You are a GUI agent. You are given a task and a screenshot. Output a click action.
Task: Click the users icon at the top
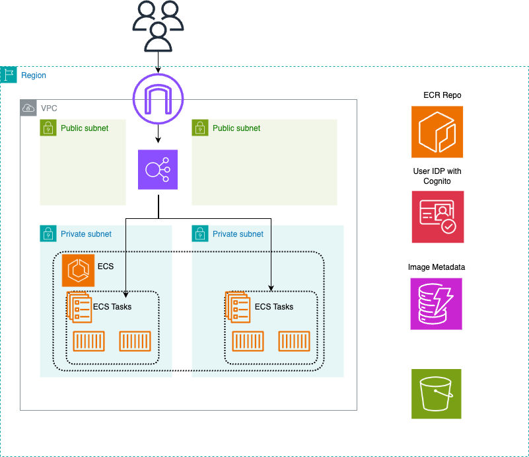158,26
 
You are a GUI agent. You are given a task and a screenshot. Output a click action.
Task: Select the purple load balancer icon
158,169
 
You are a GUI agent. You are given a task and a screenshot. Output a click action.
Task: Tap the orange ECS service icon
78,271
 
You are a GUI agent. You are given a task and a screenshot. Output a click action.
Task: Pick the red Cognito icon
437,217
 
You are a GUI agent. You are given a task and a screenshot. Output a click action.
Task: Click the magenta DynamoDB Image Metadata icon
437,304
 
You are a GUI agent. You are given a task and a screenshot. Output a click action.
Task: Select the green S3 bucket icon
437,394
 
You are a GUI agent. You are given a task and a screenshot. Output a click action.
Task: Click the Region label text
34,75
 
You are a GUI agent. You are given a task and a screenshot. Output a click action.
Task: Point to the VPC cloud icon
28,108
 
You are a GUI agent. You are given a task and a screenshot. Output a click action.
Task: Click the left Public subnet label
85,128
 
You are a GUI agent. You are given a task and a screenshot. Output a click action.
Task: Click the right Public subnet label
236,128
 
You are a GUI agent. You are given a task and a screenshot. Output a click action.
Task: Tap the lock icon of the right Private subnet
200,234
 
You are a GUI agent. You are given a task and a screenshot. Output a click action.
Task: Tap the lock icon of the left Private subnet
48,234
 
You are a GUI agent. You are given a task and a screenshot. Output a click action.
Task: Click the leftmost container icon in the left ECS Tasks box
89,342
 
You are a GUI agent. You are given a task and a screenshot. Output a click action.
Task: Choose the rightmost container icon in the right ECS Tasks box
295,342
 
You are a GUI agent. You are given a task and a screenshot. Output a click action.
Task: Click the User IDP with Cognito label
437,176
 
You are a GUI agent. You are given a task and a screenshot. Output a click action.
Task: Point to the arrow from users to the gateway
158,61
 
